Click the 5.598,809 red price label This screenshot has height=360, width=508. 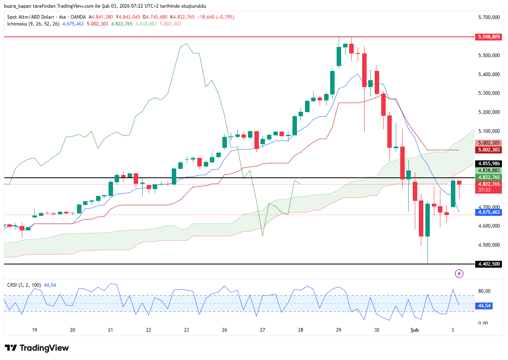[x=489, y=37]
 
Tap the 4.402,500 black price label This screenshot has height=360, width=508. [x=489, y=264]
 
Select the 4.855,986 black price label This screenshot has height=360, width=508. [x=489, y=164]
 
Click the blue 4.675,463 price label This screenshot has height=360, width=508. [x=489, y=212]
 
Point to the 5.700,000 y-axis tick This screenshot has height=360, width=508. [x=489, y=17]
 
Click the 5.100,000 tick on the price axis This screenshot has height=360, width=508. [x=489, y=131]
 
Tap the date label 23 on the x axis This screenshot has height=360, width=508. [x=186, y=330]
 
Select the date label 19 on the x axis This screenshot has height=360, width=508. [x=34, y=330]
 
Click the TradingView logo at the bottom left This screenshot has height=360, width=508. [x=37, y=348]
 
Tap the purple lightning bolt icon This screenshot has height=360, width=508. [x=459, y=274]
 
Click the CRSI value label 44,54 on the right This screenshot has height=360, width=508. [x=485, y=306]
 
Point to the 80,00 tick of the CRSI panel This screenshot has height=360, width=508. [x=484, y=291]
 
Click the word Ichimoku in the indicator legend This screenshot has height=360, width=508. [x=17, y=24]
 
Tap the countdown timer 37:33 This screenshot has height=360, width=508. [x=484, y=190]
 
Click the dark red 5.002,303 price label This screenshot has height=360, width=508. [x=489, y=150]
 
